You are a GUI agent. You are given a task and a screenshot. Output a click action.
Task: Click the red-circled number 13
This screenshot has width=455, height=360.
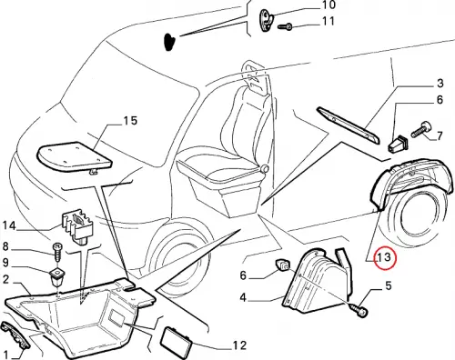tap(383, 258)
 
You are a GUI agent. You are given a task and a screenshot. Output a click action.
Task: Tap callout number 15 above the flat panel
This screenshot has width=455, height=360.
tap(130, 121)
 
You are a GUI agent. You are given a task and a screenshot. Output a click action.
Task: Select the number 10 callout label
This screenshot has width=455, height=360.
tap(328, 5)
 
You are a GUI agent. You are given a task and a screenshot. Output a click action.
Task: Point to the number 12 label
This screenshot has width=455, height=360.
tap(239, 345)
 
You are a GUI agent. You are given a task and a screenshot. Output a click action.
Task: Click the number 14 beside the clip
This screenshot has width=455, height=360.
tap(9, 225)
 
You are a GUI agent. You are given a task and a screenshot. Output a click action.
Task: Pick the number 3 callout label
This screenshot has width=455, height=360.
tap(440, 83)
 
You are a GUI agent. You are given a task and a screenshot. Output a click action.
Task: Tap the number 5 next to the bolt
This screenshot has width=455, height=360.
tap(389, 285)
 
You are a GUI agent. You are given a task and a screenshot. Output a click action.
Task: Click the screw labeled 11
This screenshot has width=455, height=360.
tap(285, 27)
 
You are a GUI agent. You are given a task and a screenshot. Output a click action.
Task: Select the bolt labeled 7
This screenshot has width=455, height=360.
tap(420, 130)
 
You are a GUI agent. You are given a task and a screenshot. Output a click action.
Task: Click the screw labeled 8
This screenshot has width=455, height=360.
tap(56, 252)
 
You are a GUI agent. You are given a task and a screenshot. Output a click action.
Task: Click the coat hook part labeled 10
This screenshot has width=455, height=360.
tap(266, 20)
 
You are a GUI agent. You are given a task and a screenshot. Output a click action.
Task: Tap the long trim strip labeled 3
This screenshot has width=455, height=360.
tap(348, 125)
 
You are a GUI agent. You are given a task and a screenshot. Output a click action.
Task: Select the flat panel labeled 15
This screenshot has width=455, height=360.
tap(75, 156)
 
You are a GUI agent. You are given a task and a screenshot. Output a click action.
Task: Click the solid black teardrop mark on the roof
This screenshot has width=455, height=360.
tap(169, 42)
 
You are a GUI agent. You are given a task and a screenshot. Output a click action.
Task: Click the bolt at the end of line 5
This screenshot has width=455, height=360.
tap(359, 310)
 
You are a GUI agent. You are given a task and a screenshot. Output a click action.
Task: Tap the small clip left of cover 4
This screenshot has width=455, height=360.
tap(282, 265)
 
